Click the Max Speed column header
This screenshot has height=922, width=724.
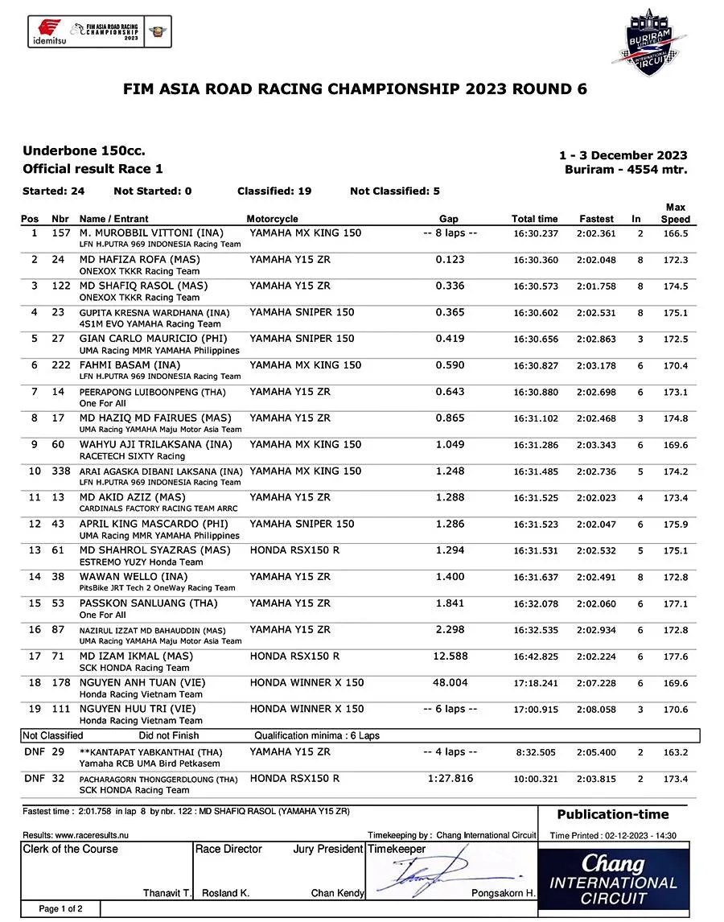675,213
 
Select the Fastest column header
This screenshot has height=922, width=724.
596,219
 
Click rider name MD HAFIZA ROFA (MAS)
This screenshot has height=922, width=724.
139,260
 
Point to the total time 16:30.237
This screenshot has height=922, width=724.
535,233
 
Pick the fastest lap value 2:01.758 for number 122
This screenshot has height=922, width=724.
596,286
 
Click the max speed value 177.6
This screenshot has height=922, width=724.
675,657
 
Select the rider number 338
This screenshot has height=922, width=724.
60,471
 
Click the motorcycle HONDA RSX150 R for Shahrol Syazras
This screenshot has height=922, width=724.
294,550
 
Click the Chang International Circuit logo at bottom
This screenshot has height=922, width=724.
613,879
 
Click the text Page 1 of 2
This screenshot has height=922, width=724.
61,909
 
